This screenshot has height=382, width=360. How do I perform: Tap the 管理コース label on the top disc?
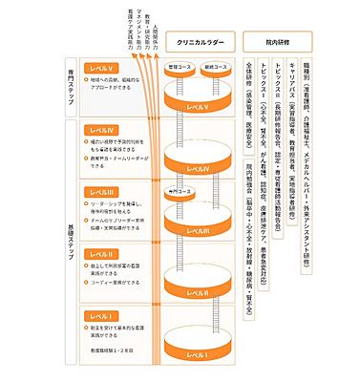click(176, 67)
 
